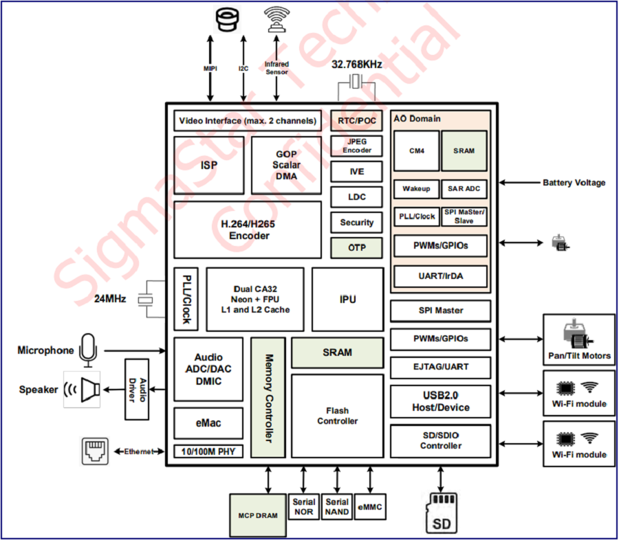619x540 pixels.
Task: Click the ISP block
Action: [209, 165]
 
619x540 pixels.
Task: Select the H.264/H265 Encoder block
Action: [248, 229]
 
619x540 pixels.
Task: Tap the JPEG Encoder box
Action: [356, 146]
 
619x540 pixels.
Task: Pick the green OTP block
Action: [356, 247]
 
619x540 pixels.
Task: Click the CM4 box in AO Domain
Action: [416, 151]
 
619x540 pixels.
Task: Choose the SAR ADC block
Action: [464, 189]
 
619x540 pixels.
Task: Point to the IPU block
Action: [347, 300]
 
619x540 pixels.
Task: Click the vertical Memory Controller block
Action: [268, 398]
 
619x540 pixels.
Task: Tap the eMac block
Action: [208, 423]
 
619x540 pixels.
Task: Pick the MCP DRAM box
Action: [257, 515]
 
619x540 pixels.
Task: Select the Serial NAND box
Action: [337, 507]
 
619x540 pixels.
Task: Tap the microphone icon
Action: [87, 348]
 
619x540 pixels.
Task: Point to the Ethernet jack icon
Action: [94, 451]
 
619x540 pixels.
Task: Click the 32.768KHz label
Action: [356, 65]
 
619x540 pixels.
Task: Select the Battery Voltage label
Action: [574, 183]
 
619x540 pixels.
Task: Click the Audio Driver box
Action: [136, 389]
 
